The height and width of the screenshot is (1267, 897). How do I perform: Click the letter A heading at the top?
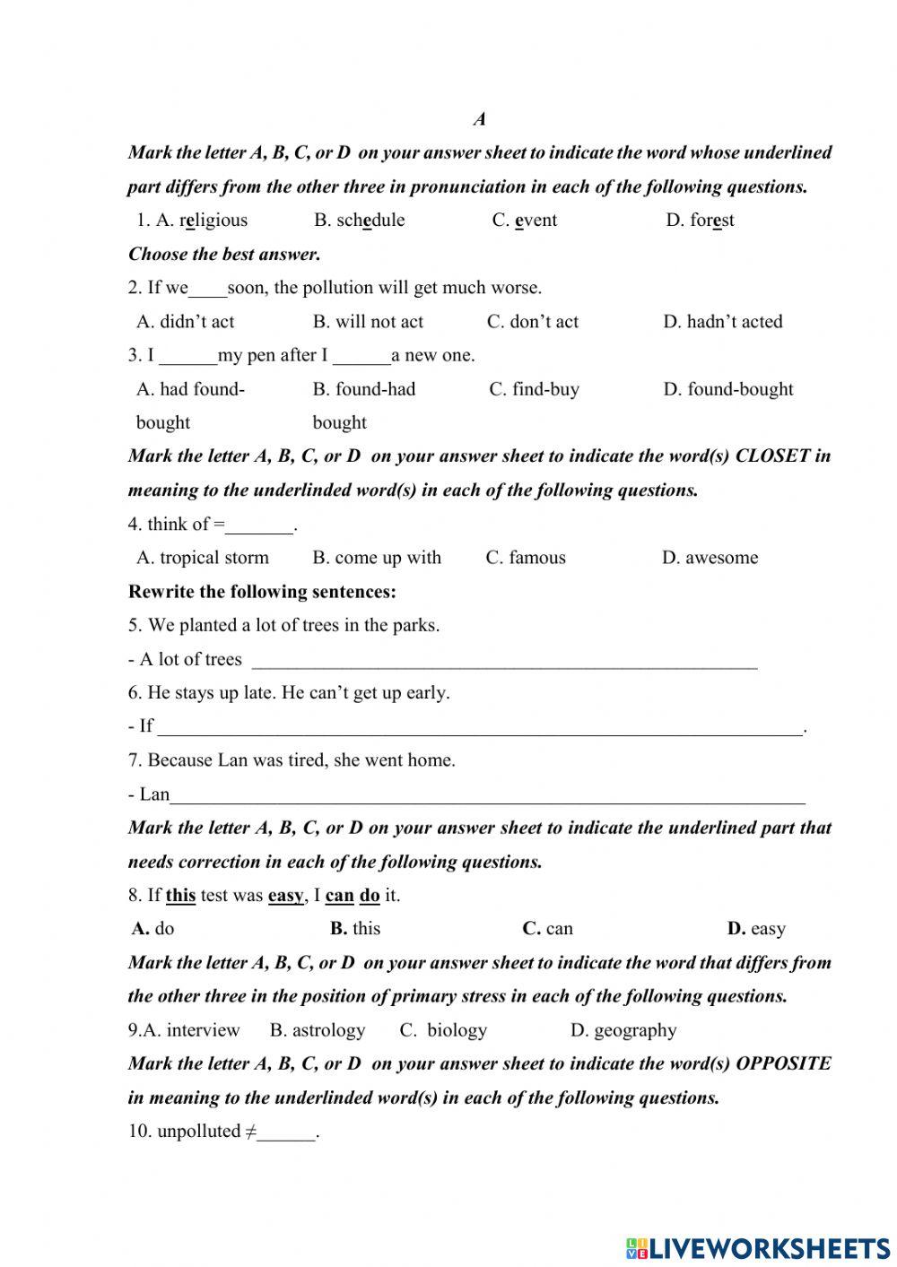(479, 119)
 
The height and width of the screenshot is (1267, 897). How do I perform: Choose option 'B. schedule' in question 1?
(359, 221)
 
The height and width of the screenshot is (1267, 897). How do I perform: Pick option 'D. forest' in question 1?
(700, 221)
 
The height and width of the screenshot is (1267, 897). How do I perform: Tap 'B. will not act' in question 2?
(368, 322)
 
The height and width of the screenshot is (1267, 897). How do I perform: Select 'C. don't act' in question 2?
(533, 322)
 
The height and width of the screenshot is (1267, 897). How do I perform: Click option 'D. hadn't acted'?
(722, 322)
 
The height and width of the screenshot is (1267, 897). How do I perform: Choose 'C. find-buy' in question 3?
(534, 389)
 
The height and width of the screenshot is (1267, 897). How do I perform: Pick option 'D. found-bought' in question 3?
(728, 389)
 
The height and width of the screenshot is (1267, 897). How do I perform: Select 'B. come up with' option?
(377, 558)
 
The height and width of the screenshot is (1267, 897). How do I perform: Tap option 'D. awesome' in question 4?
(710, 558)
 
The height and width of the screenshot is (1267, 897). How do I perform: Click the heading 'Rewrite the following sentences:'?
(262, 592)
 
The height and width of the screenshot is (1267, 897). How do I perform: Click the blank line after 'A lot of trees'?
(504, 664)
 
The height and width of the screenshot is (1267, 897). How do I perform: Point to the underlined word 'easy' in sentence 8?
(285, 895)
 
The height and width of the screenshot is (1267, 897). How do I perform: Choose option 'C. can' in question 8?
(547, 929)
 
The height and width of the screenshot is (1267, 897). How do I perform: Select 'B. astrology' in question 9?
(318, 1030)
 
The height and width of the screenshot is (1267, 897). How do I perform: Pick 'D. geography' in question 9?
(623, 1030)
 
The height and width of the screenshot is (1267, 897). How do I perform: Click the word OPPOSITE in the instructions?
(783, 1063)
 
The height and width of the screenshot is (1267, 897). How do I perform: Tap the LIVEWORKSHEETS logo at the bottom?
(758, 1247)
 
